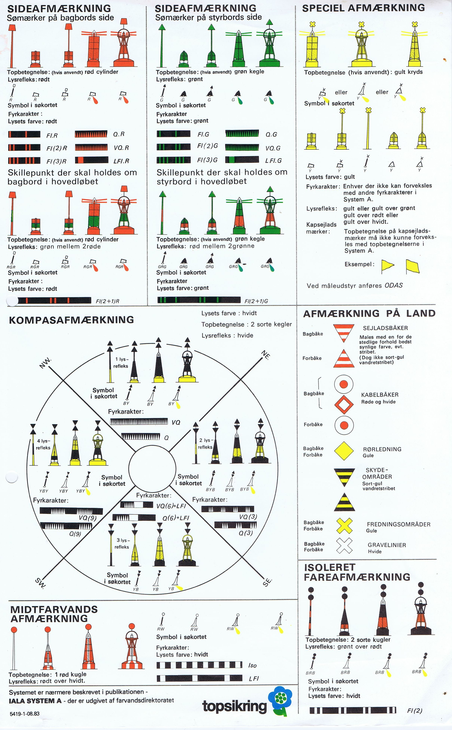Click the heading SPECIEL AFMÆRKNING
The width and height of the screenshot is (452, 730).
[x=363, y=8]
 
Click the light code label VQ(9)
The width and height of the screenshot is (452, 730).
[x=87, y=518]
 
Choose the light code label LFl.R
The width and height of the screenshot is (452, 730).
[x=121, y=161]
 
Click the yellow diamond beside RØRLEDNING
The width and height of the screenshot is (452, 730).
[x=344, y=451]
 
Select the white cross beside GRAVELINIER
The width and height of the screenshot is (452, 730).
[x=344, y=546]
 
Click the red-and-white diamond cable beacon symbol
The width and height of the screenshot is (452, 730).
[x=344, y=405]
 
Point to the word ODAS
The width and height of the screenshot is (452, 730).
[x=393, y=285]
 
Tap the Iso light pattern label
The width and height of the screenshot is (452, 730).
[x=252, y=665]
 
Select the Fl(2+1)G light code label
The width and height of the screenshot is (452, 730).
[x=256, y=301]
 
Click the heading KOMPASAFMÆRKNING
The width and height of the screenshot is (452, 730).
[x=71, y=320]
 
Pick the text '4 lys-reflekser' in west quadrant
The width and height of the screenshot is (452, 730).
[x=43, y=444]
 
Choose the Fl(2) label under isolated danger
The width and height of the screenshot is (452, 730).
[x=415, y=711]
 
